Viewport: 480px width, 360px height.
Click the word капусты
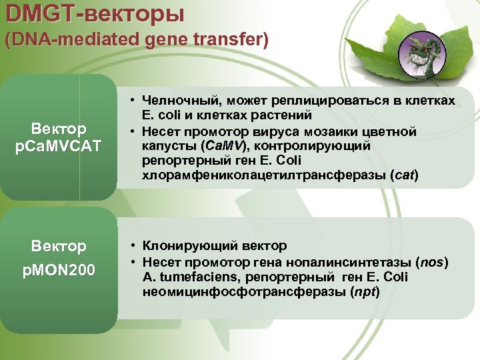pos(166,145)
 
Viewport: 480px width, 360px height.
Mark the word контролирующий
pos(315,145)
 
